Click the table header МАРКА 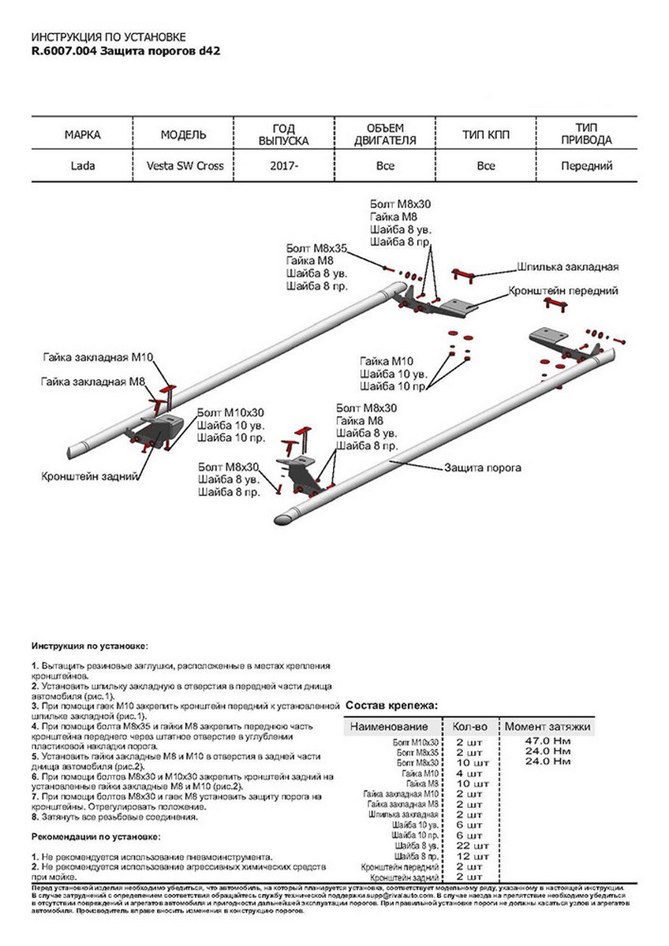coord(82,135)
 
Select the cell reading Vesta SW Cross coord(184,166)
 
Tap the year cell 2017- coord(284,166)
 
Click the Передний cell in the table coord(586,166)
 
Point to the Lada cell coord(82,166)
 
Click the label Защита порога coord(483,467)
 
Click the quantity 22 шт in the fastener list coord(469,844)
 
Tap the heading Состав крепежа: coord(391,706)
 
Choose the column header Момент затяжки coord(547,726)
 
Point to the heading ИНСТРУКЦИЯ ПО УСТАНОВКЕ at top coord(109,37)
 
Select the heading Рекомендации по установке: coord(95,836)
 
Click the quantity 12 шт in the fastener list coord(469,855)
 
